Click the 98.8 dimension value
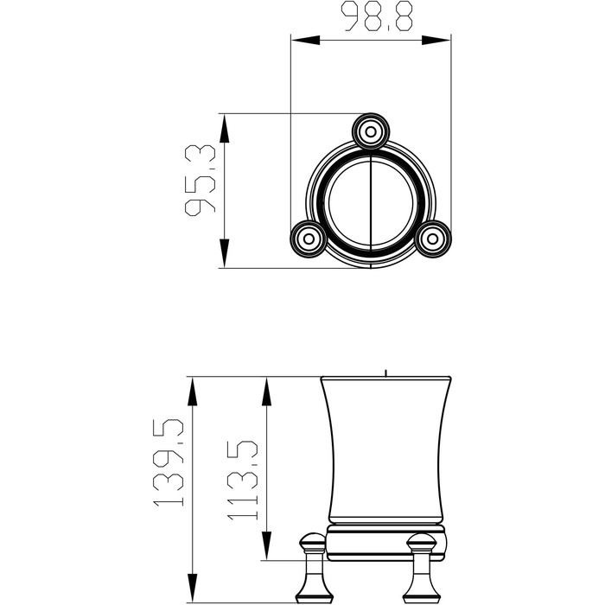click(x=379, y=16)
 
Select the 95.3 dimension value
click(x=200, y=180)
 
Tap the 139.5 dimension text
click(x=169, y=462)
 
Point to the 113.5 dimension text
click(x=242, y=480)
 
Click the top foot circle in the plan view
click(x=371, y=131)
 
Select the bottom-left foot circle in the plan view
click(x=309, y=239)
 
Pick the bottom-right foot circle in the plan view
click(x=433, y=239)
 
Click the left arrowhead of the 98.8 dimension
click(x=305, y=40)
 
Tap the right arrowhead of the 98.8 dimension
click(x=436, y=40)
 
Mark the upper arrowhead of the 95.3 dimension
click(x=224, y=128)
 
